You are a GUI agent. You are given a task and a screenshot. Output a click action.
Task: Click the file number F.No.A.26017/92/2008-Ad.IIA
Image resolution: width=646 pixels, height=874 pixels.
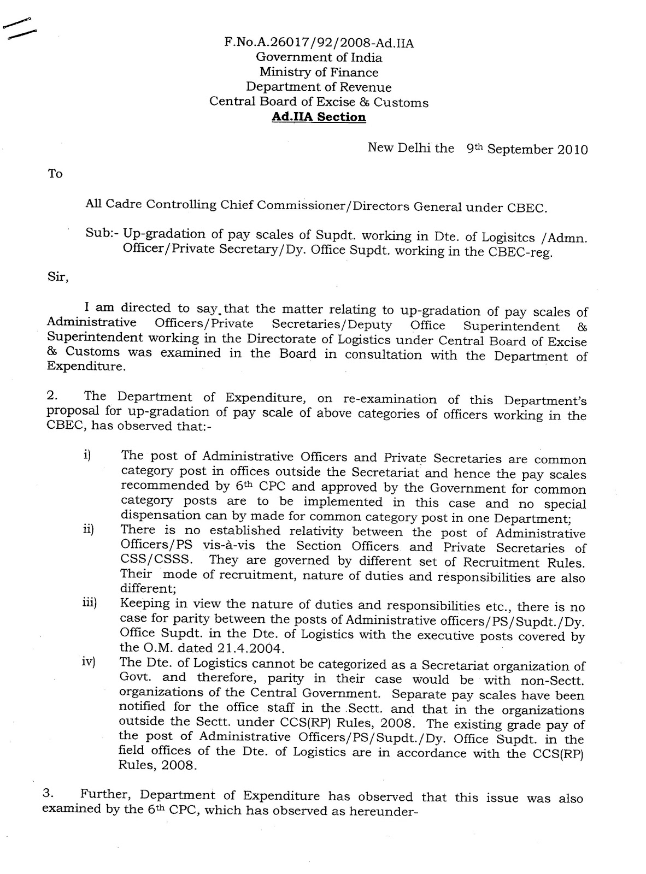(319, 43)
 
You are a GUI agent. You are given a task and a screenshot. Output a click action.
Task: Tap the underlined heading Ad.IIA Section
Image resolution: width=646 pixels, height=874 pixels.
(319, 117)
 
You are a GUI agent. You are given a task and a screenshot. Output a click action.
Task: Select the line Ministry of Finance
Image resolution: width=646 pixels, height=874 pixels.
(319, 73)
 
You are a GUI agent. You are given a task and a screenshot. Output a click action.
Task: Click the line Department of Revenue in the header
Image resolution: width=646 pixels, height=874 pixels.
(319, 87)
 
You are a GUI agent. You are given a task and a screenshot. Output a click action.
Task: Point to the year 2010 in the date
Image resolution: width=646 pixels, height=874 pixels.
(572, 150)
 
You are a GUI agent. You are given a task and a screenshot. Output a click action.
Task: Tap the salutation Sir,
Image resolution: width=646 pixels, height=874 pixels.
(58, 277)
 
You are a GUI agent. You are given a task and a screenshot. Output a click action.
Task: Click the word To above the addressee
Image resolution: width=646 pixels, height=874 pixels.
(55, 174)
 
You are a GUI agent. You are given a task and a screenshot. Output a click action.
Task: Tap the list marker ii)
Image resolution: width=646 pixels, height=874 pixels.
(89, 530)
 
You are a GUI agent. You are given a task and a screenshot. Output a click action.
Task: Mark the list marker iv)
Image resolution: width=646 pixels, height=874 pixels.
(89, 663)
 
